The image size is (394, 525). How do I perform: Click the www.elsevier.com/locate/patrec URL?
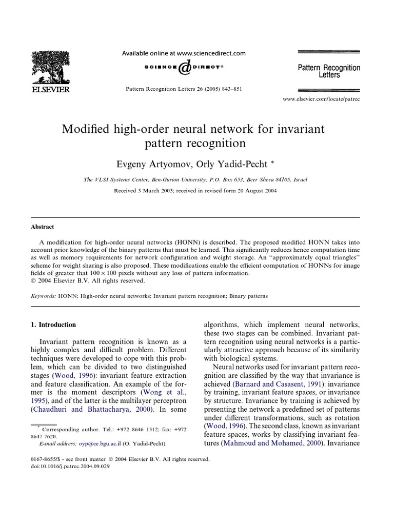pyautogui.click(x=322, y=99)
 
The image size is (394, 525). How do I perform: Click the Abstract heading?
pyautogui.click(x=43, y=227)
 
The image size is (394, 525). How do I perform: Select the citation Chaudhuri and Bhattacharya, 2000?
pyautogui.click(x=94, y=409)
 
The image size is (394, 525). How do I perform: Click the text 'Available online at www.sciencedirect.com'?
pyautogui.click(x=183, y=53)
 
